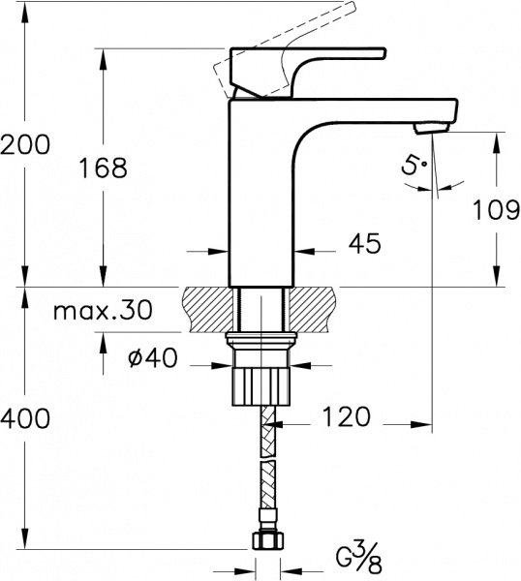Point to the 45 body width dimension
362,244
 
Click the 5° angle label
414,167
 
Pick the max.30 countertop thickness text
103,311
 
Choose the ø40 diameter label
152,358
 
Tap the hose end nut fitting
265,540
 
